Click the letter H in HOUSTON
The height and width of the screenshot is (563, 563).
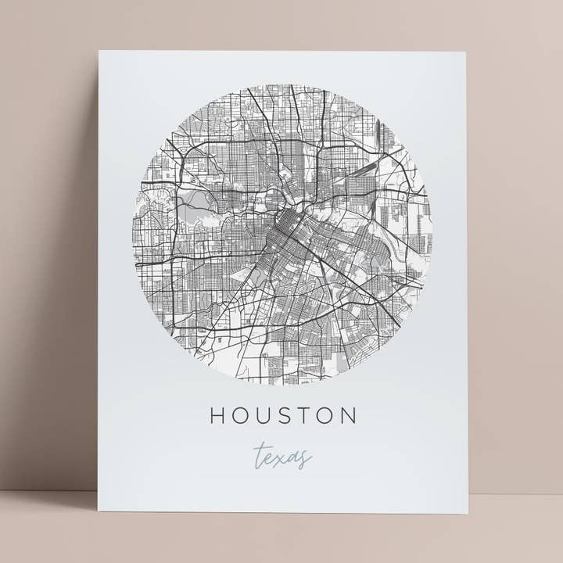click(x=216, y=414)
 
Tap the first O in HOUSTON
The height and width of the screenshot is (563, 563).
click(x=240, y=414)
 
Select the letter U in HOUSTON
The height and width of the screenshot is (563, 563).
click(x=264, y=414)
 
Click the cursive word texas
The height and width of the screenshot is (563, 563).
click(x=281, y=456)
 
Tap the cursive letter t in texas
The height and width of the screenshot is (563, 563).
click(x=257, y=454)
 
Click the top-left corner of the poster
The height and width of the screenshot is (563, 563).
click(x=100, y=52)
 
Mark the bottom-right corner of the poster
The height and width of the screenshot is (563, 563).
click(x=468, y=514)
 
